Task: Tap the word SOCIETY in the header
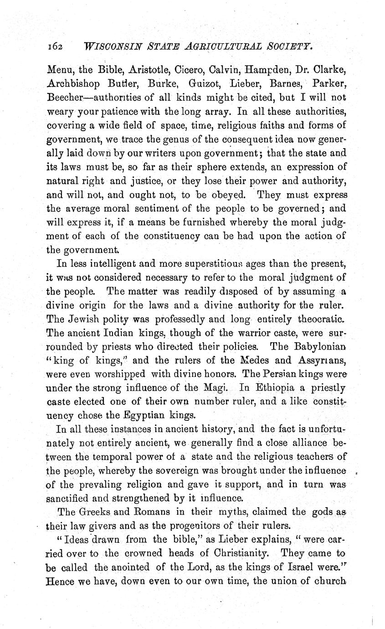coord(286,46)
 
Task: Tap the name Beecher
coord(65,97)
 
